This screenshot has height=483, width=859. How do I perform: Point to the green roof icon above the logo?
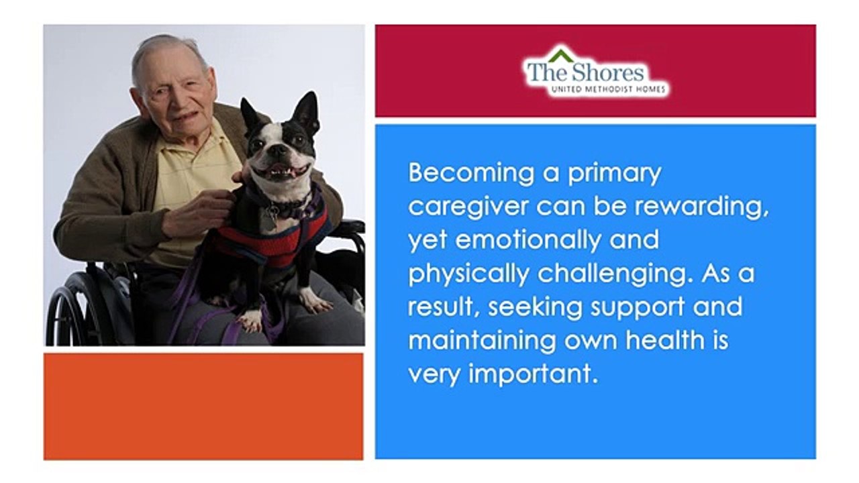pyautogui.click(x=561, y=54)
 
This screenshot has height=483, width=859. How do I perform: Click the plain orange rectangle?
pyautogui.click(x=203, y=406)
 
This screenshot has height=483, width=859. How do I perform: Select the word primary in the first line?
pyautogui.click(x=615, y=174)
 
